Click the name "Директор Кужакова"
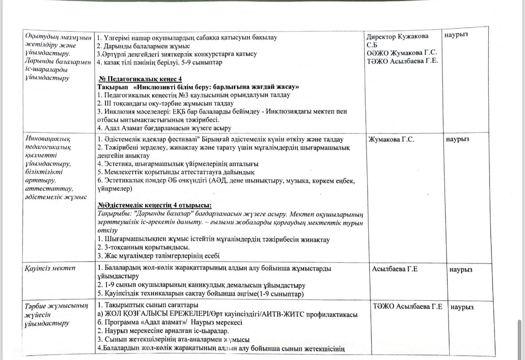click(x=398, y=36)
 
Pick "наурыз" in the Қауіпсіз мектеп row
click(x=462, y=269)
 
